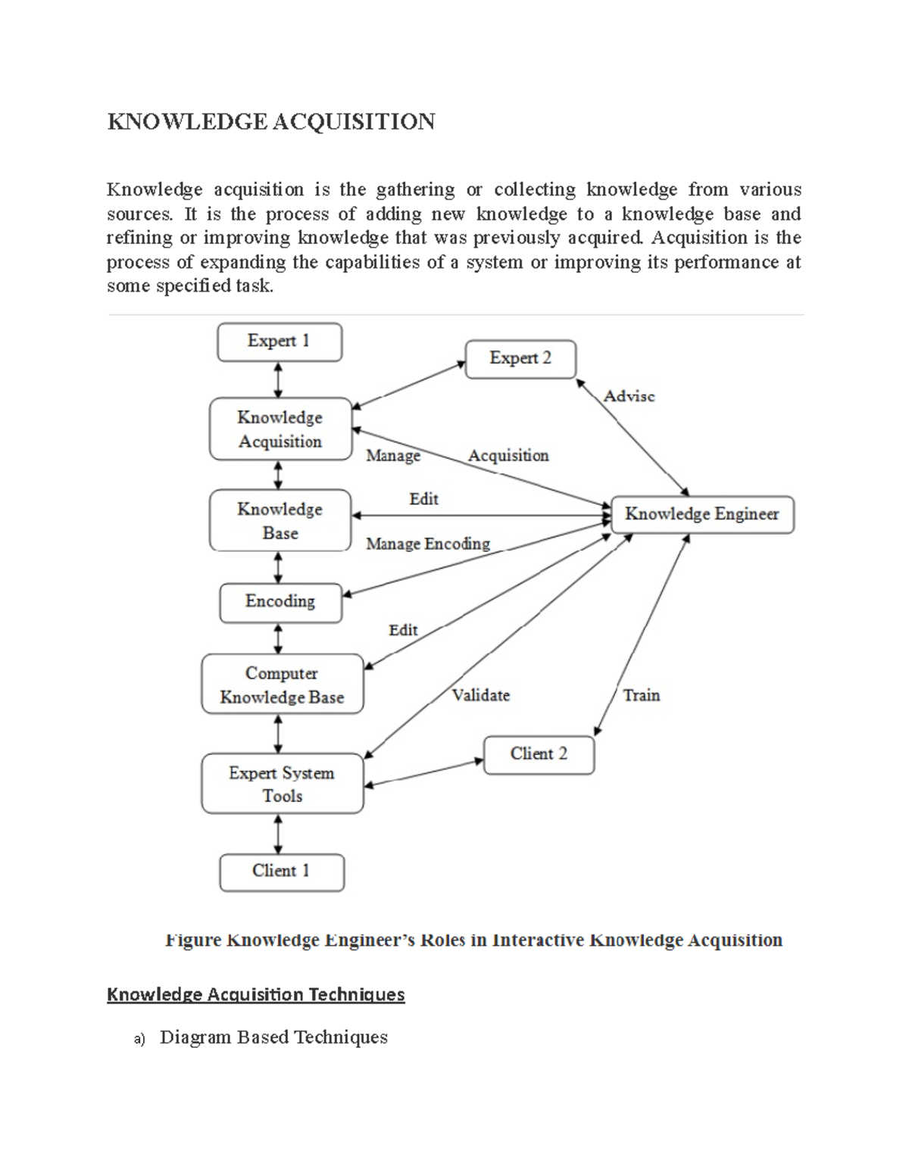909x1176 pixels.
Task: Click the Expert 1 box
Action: [280, 342]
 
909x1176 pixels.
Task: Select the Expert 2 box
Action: [520, 358]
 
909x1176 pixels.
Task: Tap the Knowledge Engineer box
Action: [701, 514]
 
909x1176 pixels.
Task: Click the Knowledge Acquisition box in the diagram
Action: [280, 429]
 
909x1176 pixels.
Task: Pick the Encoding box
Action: [280, 602]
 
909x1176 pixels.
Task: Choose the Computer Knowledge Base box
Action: [282, 685]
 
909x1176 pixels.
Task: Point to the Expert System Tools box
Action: [282, 784]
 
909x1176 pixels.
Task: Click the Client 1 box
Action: [281, 872]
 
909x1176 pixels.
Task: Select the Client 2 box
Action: [539, 754]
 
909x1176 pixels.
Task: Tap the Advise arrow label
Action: [629, 396]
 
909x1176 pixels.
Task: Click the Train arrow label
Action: [641, 695]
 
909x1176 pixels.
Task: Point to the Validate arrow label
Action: [480, 695]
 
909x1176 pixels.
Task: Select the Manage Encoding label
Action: [428, 544]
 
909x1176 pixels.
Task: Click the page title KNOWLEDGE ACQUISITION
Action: [271, 122]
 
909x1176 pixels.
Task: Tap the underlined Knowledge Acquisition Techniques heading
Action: [256, 994]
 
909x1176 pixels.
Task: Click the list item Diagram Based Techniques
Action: [273, 1037]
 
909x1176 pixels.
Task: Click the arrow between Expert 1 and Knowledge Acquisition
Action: [279, 379]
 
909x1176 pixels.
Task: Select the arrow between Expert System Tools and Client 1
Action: [279, 834]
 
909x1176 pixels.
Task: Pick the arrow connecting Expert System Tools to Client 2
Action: [423, 772]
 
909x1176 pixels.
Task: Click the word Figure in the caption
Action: [193, 940]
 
